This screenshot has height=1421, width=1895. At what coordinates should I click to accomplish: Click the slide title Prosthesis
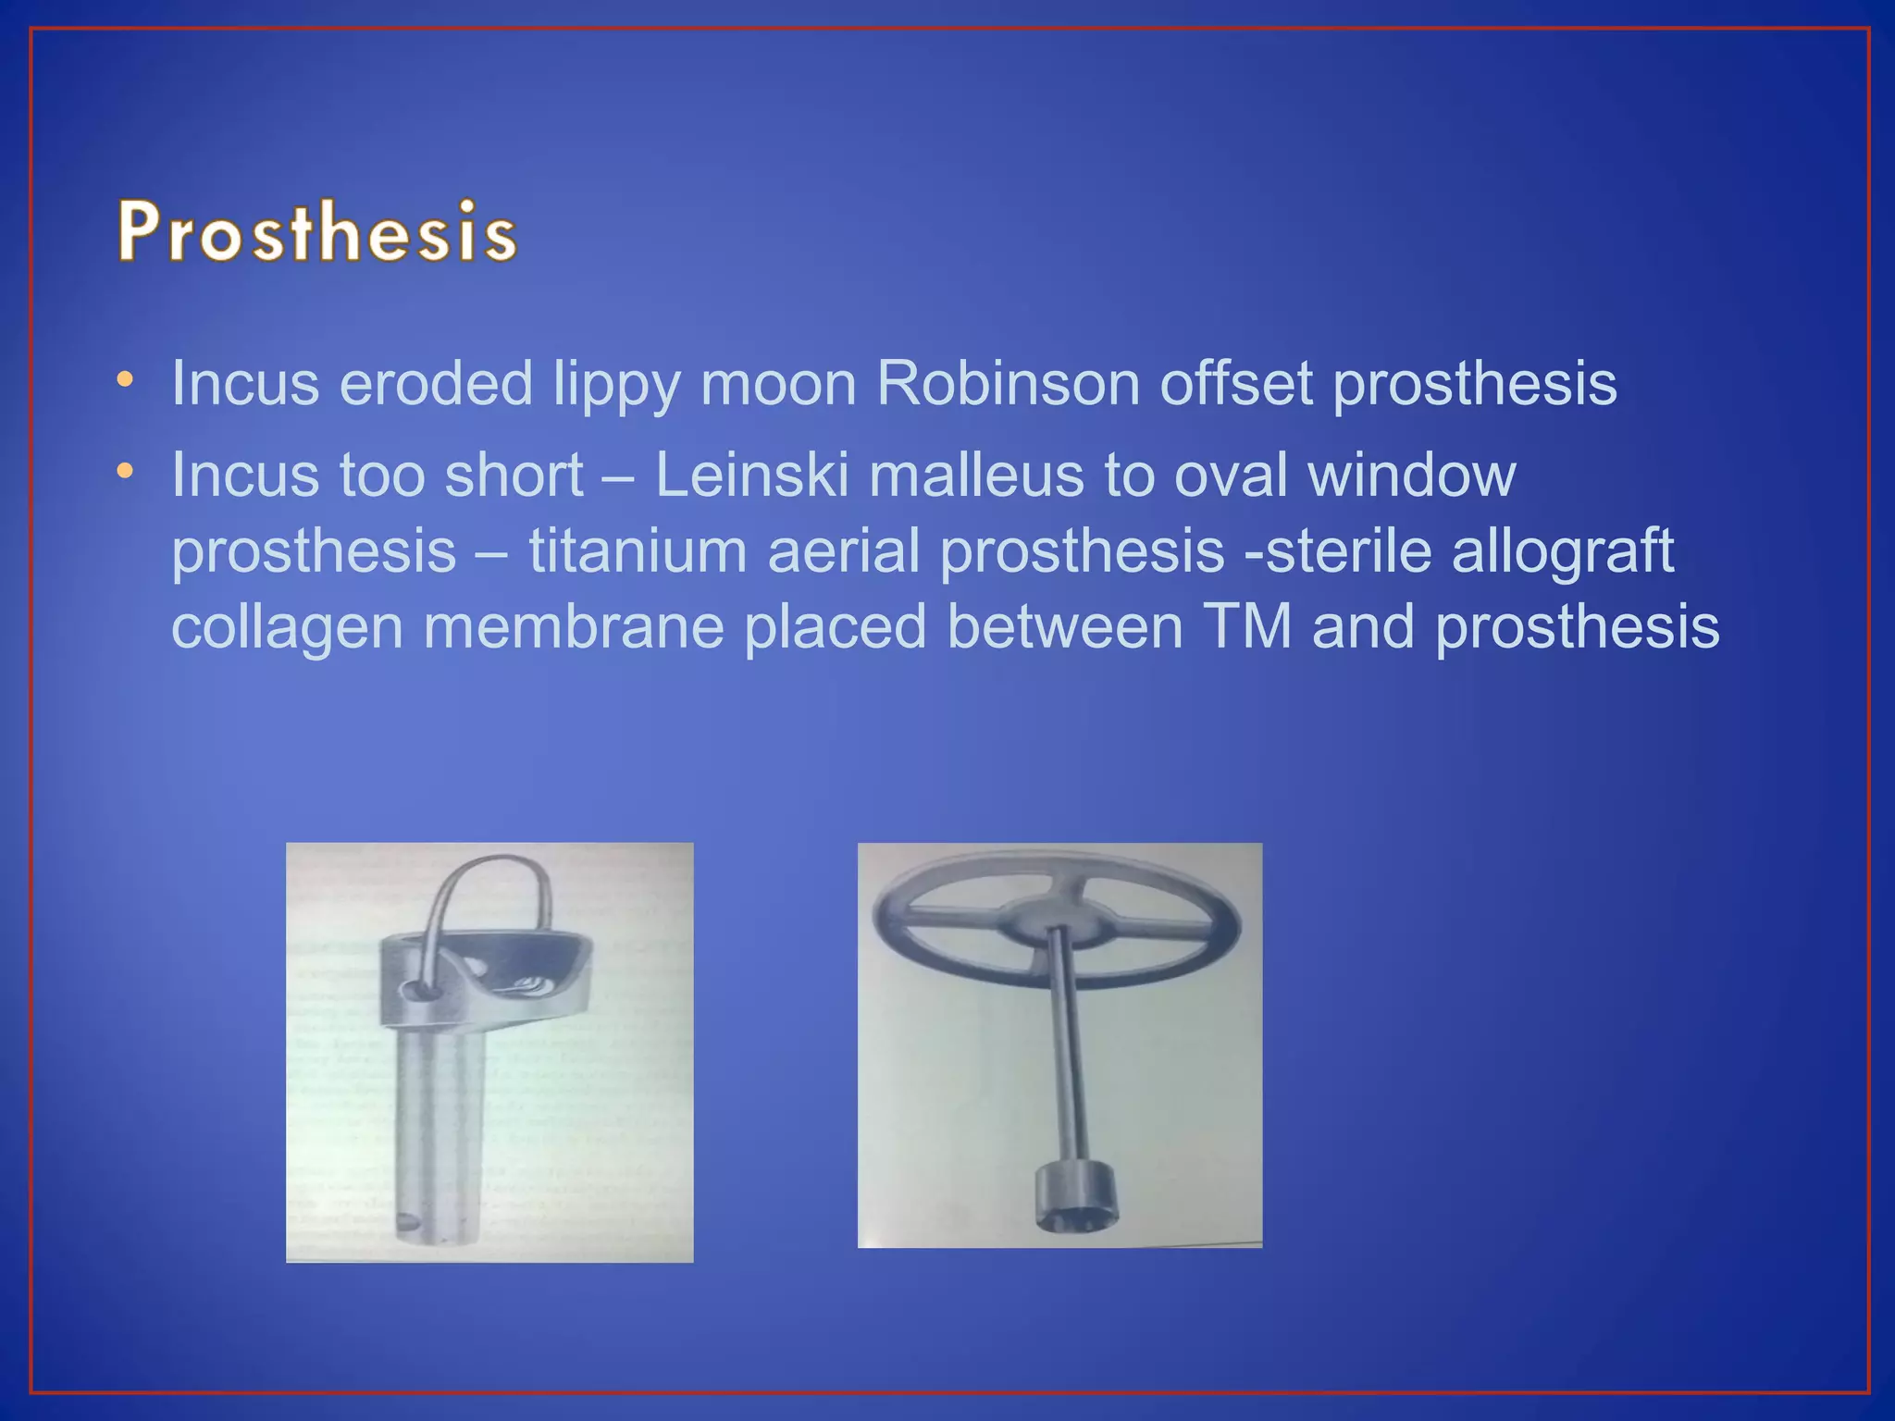(x=316, y=231)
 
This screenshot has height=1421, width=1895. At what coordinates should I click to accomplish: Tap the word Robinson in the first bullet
(x=1007, y=383)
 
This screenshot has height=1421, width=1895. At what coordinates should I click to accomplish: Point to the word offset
(x=1236, y=383)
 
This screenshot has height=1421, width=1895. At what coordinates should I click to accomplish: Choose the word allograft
(x=1563, y=551)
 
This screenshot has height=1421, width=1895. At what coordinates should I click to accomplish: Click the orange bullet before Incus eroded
(x=125, y=380)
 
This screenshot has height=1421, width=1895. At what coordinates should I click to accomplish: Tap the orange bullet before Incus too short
(x=125, y=472)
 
